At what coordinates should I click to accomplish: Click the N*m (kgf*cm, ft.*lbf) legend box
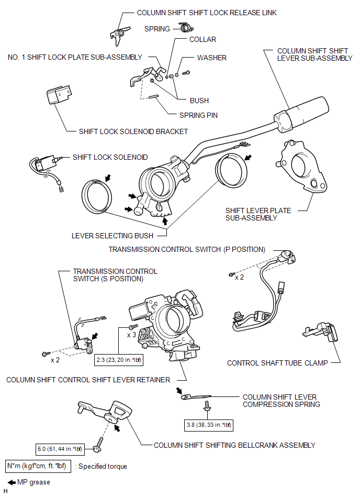[x=38, y=466]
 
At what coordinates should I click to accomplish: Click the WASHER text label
[x=211, y=58]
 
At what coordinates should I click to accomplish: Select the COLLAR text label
[x=203, y=39]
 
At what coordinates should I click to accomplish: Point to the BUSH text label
[x=199, y=101]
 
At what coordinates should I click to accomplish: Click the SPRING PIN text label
[x=198, y=115]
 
